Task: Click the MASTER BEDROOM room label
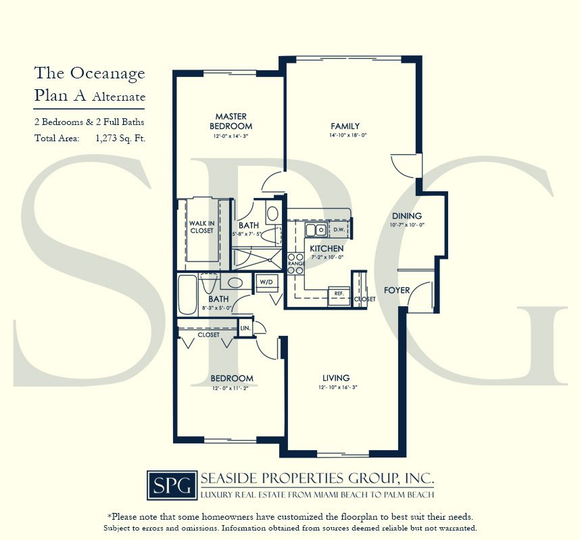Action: click(231, 121)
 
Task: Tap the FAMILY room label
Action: click(345, 126)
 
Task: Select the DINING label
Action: click(406, 216)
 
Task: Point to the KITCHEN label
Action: click(327, 249)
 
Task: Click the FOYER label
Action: click(397, 290)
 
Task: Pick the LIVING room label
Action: click(336, 378)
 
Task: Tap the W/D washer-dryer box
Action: click(264, 280)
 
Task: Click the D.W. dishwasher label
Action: click(339, 230)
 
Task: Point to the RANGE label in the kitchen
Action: click(295, 264)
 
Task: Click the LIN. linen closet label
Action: click(245, 328)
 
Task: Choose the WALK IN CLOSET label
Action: click(201, 226)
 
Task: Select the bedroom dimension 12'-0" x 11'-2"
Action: click(231, 388)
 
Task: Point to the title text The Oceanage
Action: click(90, 73)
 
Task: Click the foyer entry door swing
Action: click(419, 295)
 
